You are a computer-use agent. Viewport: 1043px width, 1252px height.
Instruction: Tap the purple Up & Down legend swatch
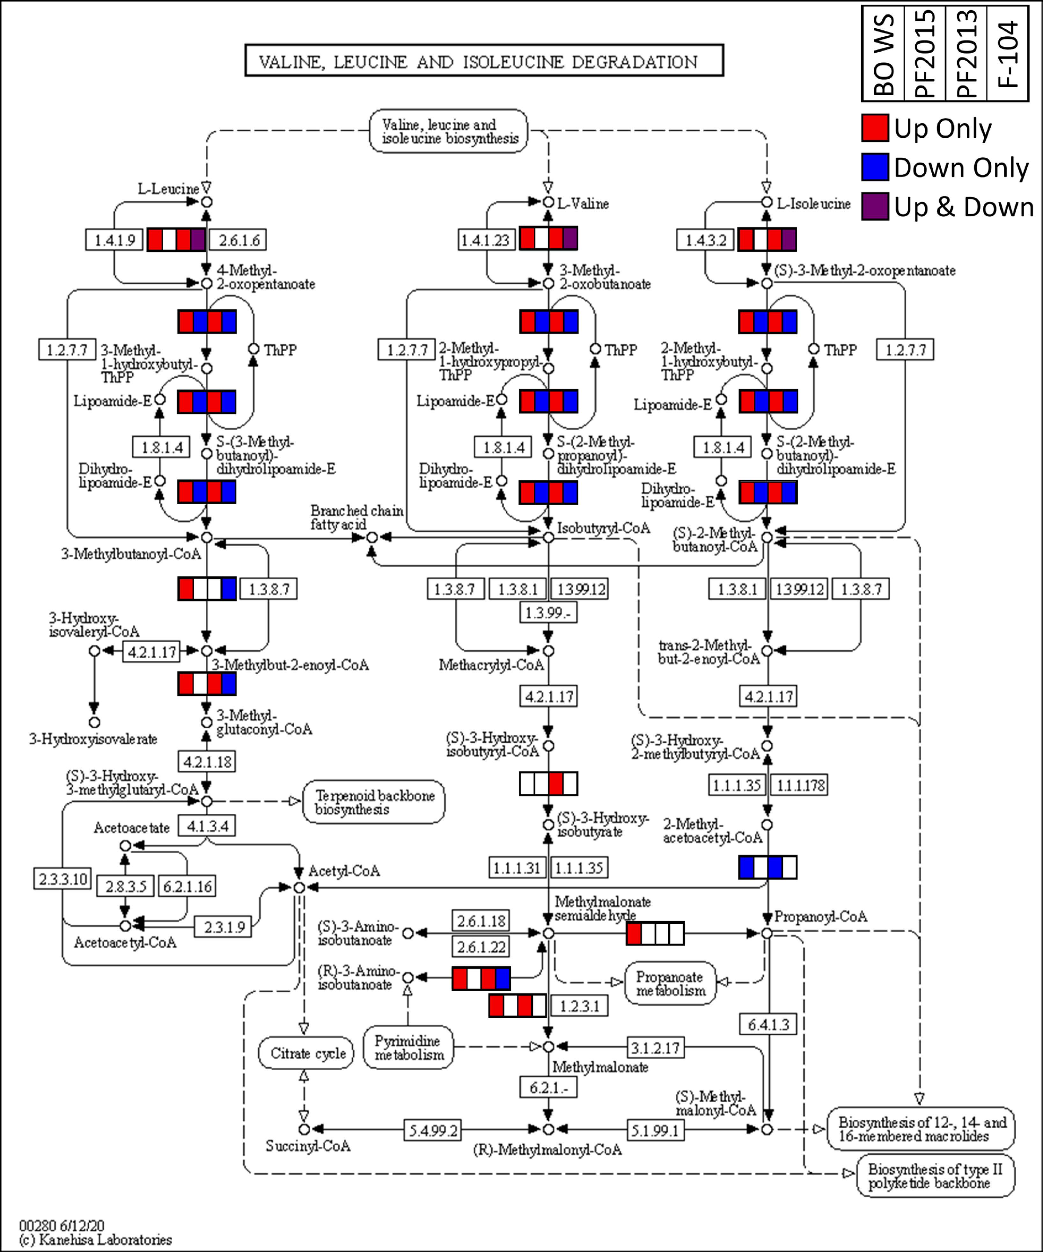[x=875, y=206]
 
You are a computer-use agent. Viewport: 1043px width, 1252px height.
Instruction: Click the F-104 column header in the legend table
[x=1008, y=54]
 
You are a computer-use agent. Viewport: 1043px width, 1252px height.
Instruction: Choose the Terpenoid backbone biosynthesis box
[x=374, y=802]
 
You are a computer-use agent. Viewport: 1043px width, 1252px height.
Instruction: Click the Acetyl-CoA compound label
[x=344, y=870]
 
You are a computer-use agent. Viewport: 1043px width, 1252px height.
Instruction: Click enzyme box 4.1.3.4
[x=207, y=826]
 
